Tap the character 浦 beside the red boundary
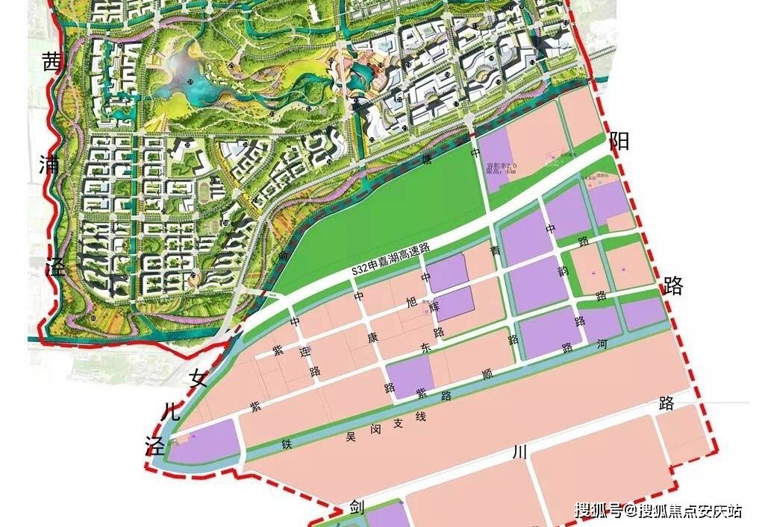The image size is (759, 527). point(51,164)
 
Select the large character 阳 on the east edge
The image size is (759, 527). point(619,141)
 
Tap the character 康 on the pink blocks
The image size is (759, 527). point(371,336)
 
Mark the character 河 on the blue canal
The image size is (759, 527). point(602,346)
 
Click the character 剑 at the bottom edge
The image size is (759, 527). point(357,508)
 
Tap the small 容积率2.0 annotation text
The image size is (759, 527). point(500,164)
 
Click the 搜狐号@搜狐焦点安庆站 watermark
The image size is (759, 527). point(658,511)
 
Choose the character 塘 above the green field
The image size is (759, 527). point(427,159)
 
